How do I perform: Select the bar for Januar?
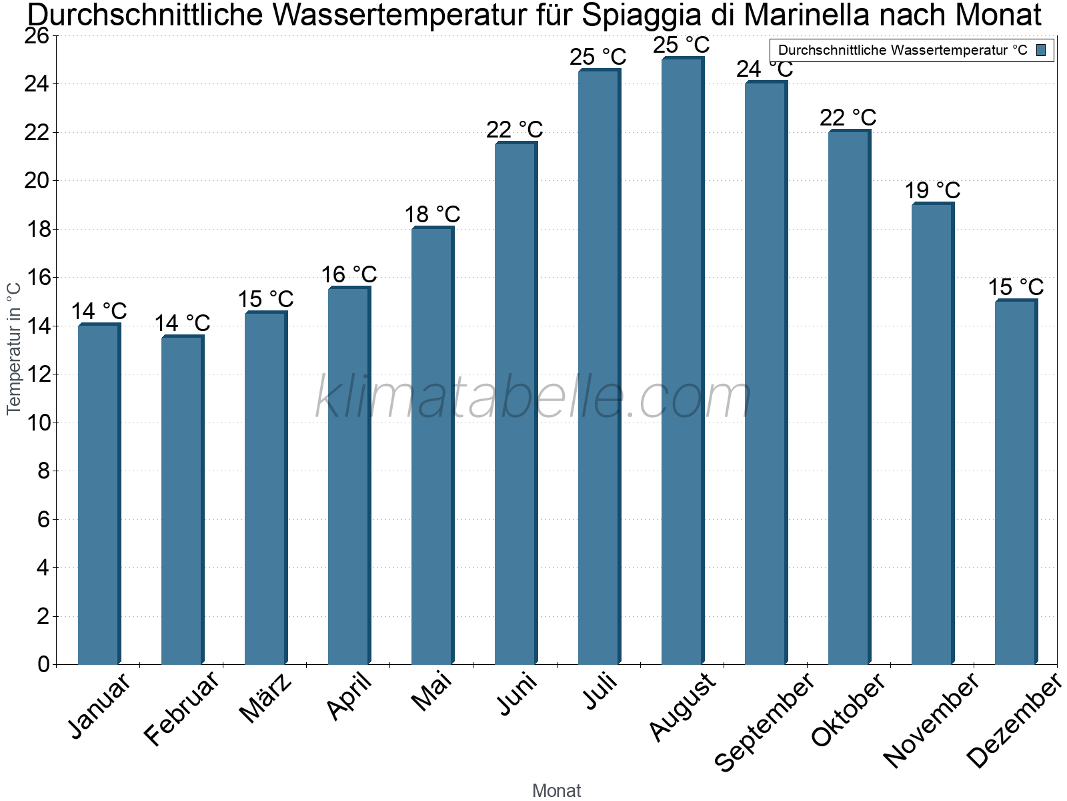99,494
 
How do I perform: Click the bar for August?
682,360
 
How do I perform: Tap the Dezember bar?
1016,482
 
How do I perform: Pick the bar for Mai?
432,446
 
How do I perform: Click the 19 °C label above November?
932,191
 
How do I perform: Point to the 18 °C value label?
432,215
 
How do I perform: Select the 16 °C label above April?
349,275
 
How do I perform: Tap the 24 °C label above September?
765,69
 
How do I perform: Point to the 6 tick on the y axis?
43,519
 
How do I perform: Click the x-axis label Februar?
181,709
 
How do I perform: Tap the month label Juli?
600,693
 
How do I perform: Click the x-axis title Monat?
557,790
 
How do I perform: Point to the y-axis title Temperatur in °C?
14,348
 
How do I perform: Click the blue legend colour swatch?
1041,50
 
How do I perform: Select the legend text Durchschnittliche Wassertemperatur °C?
902,50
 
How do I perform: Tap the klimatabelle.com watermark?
533,398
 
